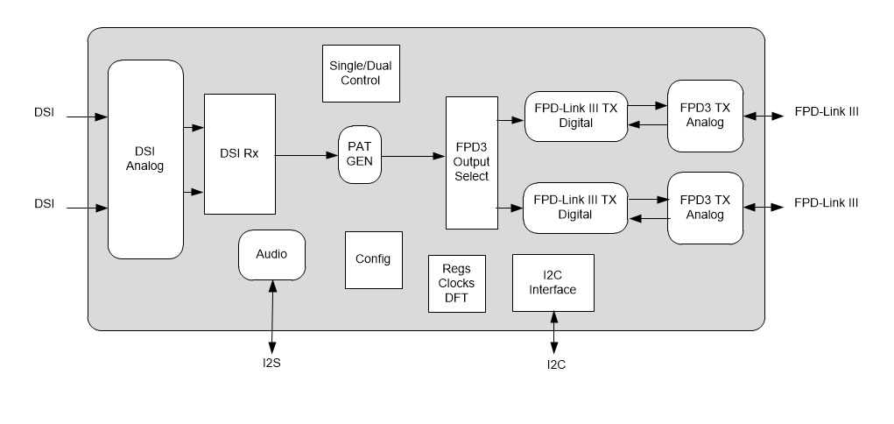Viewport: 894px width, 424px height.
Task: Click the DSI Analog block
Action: pos(145,159)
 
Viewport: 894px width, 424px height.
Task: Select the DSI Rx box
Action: pos(239,154)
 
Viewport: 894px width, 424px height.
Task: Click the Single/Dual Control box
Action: pos(361,74)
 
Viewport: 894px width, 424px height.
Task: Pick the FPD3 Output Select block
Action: pos(471,162)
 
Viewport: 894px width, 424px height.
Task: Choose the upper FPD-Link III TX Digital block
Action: pos(575,116)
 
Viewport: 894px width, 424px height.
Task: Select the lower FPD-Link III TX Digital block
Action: pos(575,207)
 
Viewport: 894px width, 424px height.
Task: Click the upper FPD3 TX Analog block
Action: pos(705,115)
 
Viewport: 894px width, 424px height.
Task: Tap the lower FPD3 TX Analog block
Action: pos(705,207)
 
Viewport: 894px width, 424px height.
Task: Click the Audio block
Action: pos(271,255)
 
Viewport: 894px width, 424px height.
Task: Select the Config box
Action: pos(373,259)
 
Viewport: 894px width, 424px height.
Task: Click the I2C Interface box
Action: pos(553,282)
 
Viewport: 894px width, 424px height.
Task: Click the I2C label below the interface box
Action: pos(555,365)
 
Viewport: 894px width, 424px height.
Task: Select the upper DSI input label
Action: pos(45,112)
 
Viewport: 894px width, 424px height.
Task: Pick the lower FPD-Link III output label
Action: pos(825,203)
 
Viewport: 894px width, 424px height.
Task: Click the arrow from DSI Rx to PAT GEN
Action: pos(306,156)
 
